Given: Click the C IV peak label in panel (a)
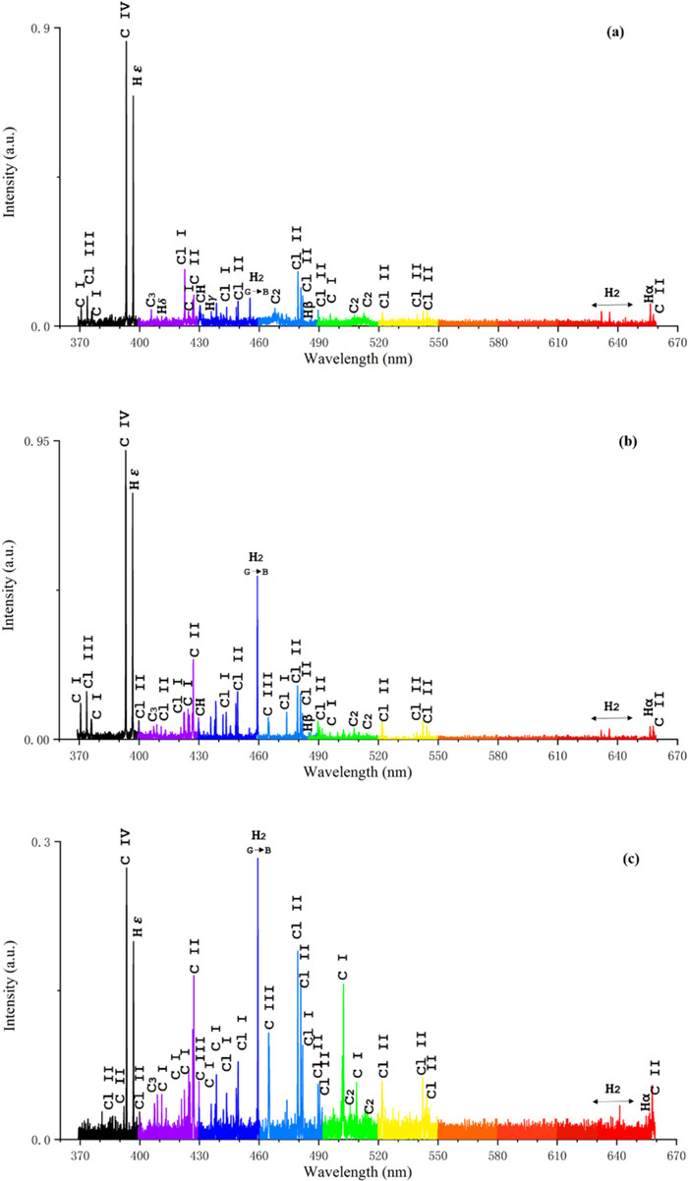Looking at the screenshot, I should click(x=126, y=21).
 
